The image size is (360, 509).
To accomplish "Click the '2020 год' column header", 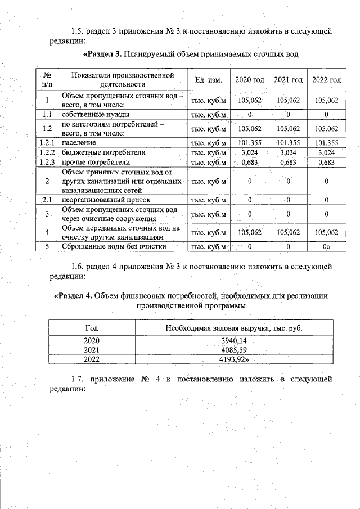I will (x=249, y=80).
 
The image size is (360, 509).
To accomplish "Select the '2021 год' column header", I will (x=288, y=80).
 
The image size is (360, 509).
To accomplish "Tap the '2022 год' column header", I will (x=327, y=80).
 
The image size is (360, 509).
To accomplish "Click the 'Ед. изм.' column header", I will (x=208, y=80).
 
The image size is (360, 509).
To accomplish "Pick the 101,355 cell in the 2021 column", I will (x=288, y=143).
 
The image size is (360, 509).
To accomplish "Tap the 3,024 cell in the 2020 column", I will (x=249, y=152).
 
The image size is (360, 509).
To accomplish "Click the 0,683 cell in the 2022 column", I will (x=327, y=162).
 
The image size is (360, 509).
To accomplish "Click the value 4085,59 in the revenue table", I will (x=233, y=350).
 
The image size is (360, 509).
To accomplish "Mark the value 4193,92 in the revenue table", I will (x=234, y=359).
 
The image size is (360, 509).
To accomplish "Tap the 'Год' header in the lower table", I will (x=91, y=328).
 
